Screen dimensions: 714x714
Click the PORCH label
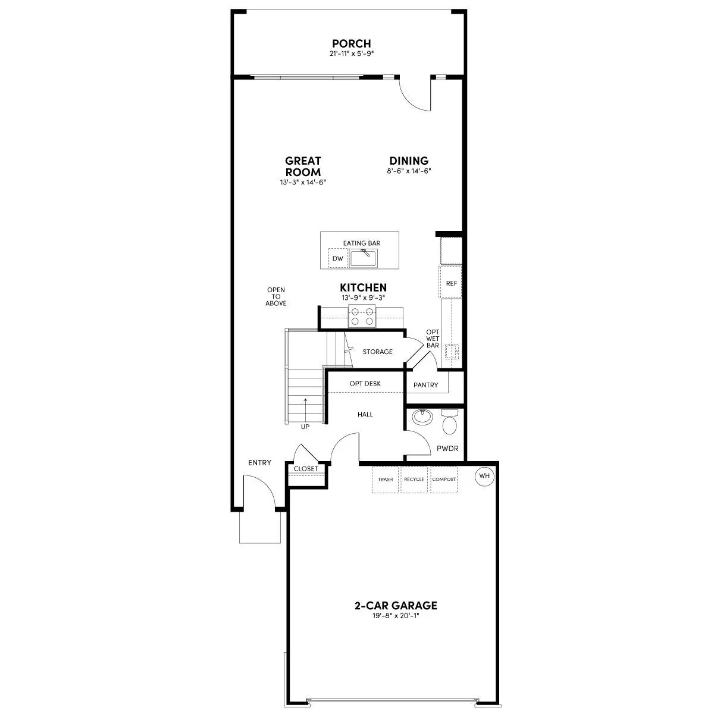pos(351,43)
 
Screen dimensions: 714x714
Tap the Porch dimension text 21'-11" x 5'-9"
pos(351,54)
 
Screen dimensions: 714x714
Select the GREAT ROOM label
pos(303,167)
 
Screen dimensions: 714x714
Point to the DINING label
pos(409,161)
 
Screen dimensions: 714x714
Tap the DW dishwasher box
pos(338,258)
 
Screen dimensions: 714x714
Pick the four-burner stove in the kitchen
pos(362,316)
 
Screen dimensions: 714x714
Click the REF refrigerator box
pos(452,283)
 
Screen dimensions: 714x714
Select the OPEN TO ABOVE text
pos(276,296)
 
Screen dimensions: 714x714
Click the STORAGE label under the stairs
pos(378,352)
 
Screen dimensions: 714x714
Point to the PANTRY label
pos(426,385)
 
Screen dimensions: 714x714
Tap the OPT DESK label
pos(365,384)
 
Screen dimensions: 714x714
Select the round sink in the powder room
pos(422,416)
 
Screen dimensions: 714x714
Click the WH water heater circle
pos(483,476)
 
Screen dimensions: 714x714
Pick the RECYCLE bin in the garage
pos(414,479)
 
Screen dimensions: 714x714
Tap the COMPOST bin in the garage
pos(444,479)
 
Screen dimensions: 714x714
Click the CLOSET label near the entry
pos(306,468)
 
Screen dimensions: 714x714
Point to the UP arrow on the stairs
pos(306,411)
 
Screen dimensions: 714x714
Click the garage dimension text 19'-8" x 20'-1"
pos(396,616)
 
